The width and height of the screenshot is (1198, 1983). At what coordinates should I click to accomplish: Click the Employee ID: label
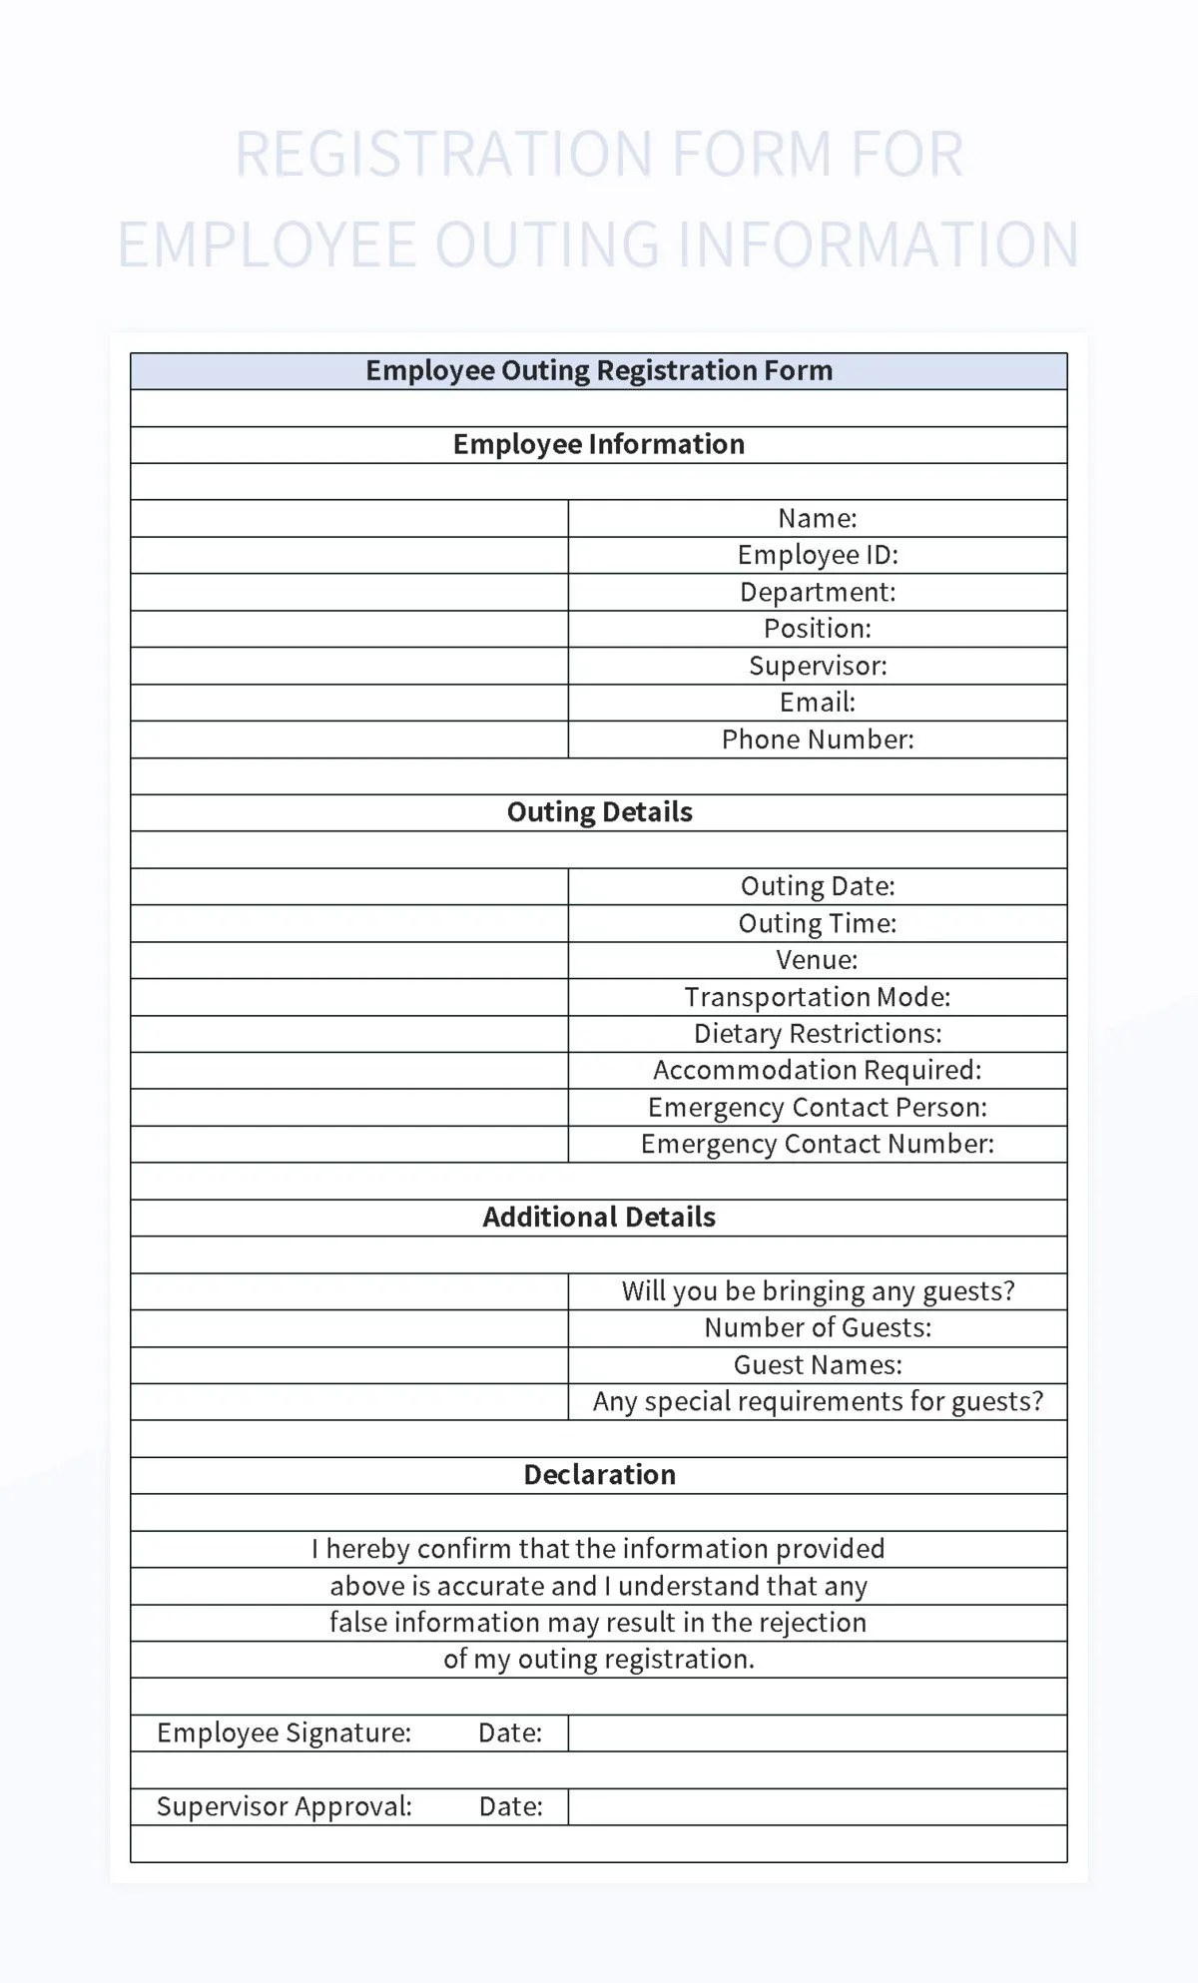pos(818,555)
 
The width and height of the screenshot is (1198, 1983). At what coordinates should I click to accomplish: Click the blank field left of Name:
pos(348,518)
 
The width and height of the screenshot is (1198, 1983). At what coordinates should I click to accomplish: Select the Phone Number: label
pos(818,740)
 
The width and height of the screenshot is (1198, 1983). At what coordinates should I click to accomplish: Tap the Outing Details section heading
pos(599,812)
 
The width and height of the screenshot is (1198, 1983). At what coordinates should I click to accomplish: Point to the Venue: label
pos(818,960)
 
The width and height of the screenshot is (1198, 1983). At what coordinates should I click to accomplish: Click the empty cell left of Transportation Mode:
pos(348,997)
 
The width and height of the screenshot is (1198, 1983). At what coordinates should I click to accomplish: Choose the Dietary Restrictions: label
pos(818,1034)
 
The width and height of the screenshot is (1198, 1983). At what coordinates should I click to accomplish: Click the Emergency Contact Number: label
pos(818,1144)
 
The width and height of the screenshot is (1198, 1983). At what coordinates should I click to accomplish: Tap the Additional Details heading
pos(599,1218)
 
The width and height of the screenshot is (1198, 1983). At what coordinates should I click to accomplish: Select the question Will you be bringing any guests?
pos(818,1291)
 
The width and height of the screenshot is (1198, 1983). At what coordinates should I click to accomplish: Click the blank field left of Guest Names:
pos(348,1365)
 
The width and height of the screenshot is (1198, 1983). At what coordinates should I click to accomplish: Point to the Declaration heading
pos(599,1475)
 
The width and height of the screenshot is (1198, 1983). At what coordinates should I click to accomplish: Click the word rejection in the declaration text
pos(813,1623)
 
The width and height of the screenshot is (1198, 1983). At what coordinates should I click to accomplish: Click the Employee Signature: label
pos(284,1733)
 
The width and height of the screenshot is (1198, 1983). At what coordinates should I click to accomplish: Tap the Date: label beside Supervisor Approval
pos(510,1806)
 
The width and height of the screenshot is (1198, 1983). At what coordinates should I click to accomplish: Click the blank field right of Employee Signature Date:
pos(817,1734)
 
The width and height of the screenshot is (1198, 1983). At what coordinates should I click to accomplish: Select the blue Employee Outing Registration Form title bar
pos(599,371)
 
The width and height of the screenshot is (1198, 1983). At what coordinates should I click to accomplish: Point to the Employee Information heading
pos(599,444)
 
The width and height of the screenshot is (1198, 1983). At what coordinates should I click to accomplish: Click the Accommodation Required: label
pos(818,1070)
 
